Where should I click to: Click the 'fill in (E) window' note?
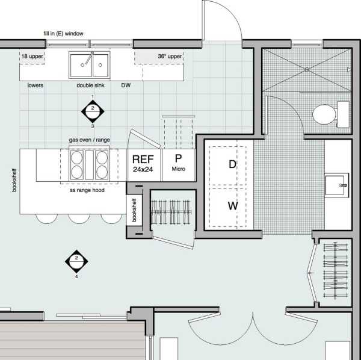[x=63, y=34]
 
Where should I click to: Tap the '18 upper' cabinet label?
[x=32, y=56]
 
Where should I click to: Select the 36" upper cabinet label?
[x=170, y=56]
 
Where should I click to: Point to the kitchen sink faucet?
[x=89, y=58]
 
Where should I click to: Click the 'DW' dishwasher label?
[x=126, y=85]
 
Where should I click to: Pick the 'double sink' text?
[x=90, y=85]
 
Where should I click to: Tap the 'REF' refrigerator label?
[x=143, y=160]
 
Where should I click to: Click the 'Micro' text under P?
[x=179, y=169]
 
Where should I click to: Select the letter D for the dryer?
[x=232, y=164]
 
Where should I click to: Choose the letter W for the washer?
[x=233, y=206]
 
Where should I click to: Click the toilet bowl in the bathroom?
[x=324, y=114]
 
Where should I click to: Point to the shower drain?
[x=307, y=70]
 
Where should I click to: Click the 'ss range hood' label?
[x=87, y=190]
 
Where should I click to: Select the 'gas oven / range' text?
[x=89, y=140]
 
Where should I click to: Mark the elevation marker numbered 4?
[x=76, y=261]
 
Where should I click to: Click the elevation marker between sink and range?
[x=93, y=111]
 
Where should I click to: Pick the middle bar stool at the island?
[x=79, y=219]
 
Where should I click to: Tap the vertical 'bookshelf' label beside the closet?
[x=134, y=210]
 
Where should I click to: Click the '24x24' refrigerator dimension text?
[x=143, y=170]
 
